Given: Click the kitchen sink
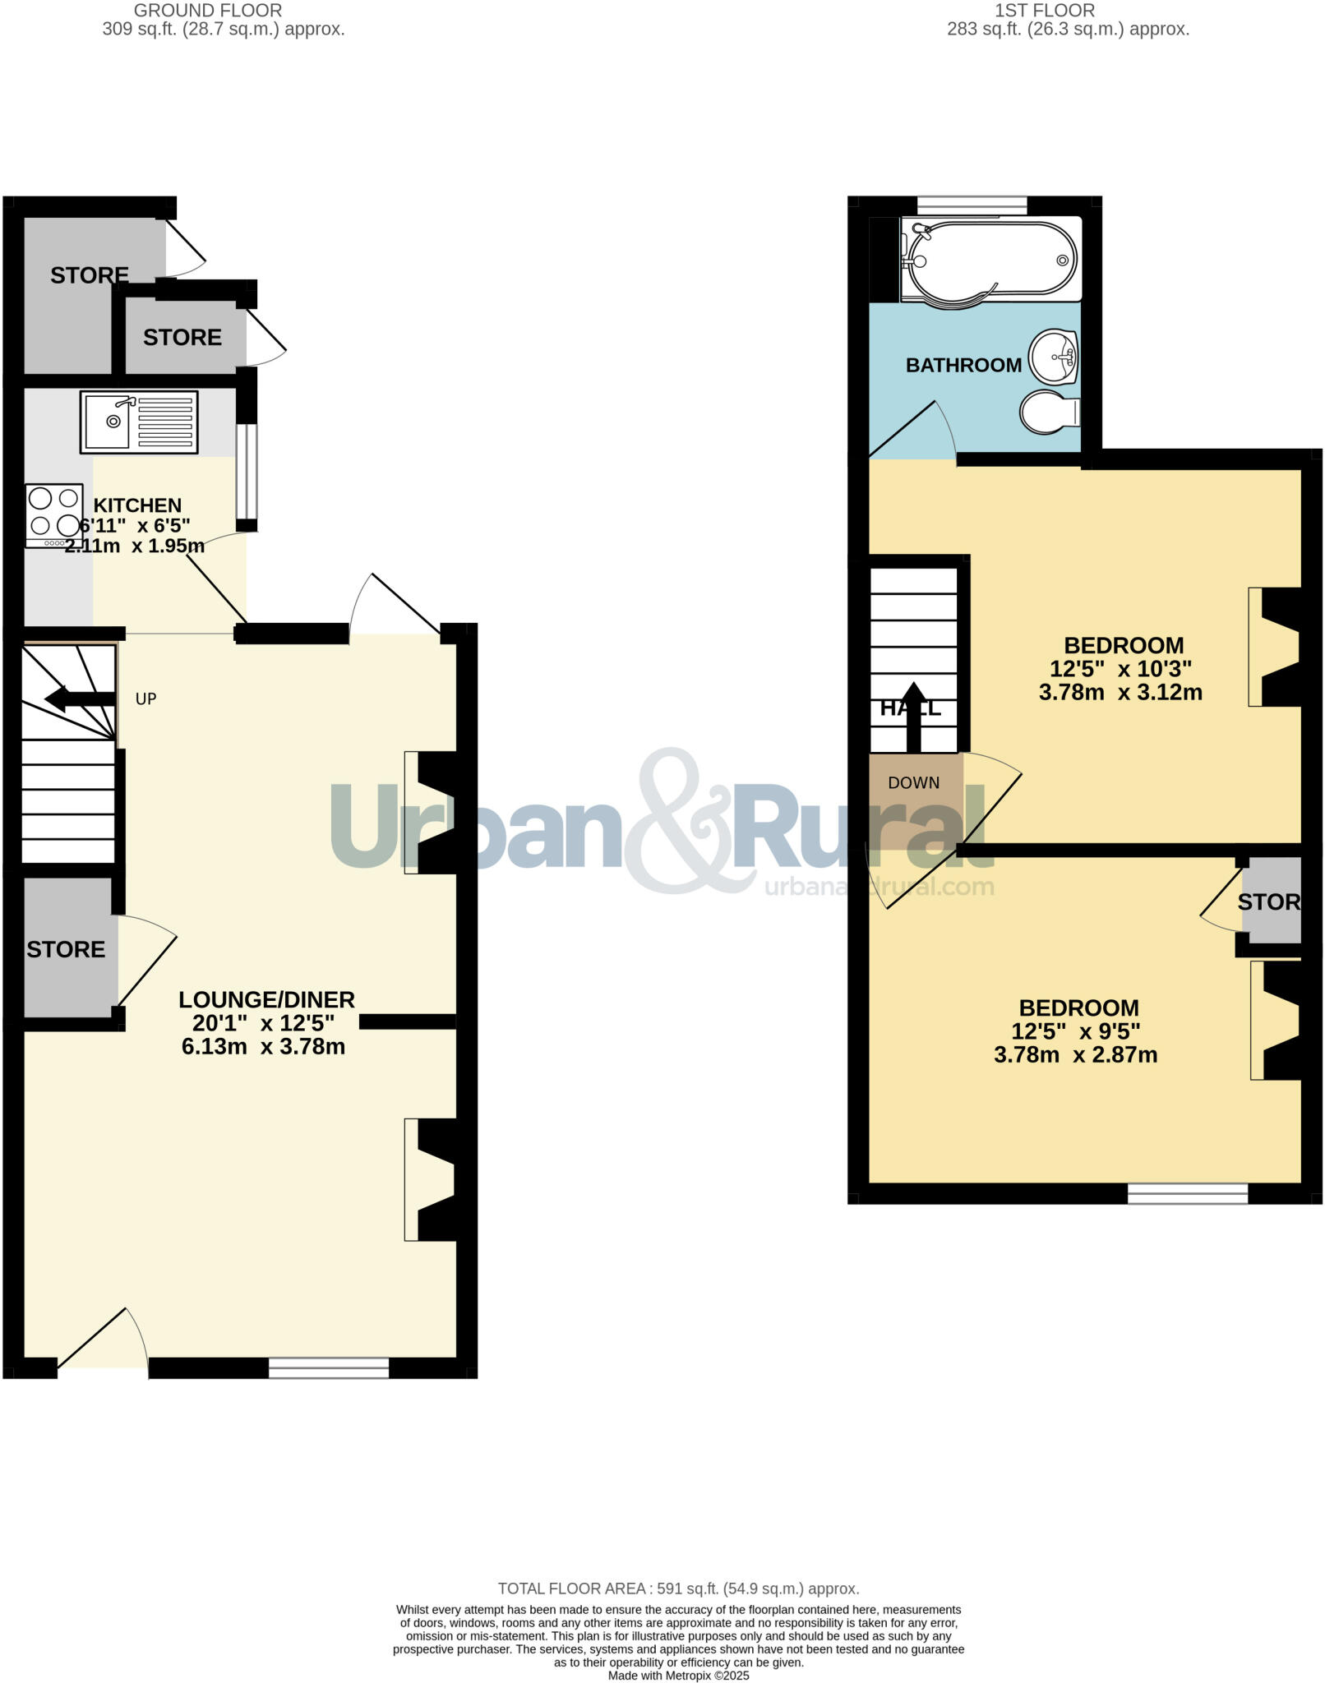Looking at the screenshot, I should tap(138, 422).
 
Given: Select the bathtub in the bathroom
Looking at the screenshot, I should tap(990, 259).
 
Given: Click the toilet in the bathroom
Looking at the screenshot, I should tap(1049, 412).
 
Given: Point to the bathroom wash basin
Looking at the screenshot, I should tap(1054, 357).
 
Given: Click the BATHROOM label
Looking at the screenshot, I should tap(963, 365).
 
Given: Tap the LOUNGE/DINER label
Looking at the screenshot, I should tap(266, 999).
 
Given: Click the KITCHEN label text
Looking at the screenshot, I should tap(137, 505).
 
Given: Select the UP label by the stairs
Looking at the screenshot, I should tap(145, 699).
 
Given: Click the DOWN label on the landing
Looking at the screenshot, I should tap(913, 782).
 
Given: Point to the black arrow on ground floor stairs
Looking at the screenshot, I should tap(79, 699).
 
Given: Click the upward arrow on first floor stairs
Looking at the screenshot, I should tap(913, 715).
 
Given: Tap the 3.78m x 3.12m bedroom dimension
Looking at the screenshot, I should tap(1120, 692).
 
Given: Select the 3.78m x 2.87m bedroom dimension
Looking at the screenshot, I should tap(1075, 1054).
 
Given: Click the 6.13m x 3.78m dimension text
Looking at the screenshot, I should tap(263, 1046).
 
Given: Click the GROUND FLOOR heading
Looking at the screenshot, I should tap(207, 11).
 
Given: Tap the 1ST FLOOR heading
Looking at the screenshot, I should tap(1044, 11).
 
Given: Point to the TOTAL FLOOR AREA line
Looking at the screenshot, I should tap(678, 1588).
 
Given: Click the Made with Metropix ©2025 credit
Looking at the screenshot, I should tap(678, 1675).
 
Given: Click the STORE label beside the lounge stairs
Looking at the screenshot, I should tap(66, 949).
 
